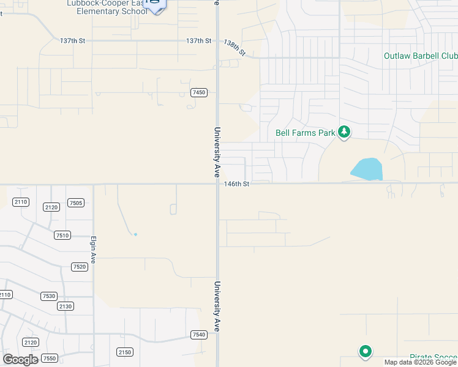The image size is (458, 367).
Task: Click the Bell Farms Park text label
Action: coord(306,132)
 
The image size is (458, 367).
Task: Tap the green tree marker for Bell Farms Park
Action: coord(345,132)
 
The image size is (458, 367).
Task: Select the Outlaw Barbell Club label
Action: coord(420,56)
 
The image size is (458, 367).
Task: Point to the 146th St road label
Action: coord(236,183)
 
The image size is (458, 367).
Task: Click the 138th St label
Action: coord(234,48)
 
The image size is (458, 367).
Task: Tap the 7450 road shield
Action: coord(198,92)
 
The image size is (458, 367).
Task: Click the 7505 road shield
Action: coord(76,203)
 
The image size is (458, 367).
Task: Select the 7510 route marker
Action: coord(62,235)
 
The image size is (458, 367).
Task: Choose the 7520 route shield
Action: coord(79,266)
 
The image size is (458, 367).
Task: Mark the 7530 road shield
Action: coord(49,296)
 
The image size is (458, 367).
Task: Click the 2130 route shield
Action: coord(65,306)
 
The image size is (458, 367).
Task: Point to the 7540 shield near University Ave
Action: coord(198,335)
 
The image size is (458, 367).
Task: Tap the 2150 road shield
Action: coord(125,352)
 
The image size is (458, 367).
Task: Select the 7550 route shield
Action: coord(50,358)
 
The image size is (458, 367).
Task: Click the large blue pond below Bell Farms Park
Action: coord(367,169)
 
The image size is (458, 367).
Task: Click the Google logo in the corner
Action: coord(20,360)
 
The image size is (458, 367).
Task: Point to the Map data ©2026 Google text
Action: coord(420,362)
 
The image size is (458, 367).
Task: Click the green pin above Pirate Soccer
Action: coord(366,351)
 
